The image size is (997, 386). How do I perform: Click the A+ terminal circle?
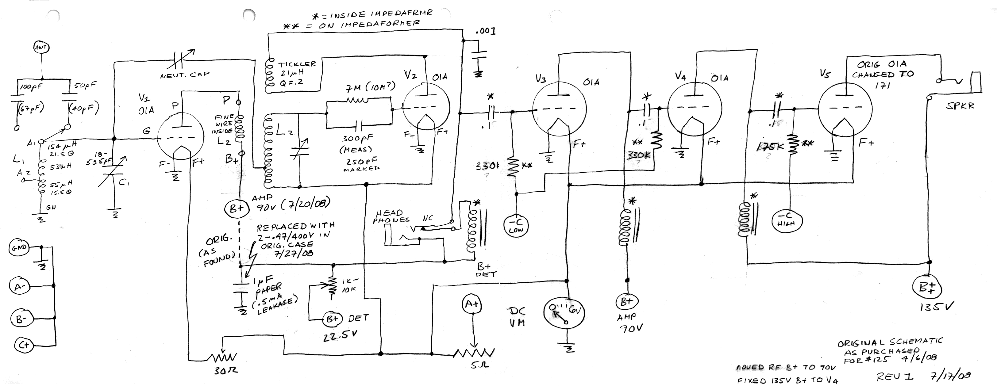[x=472, y=304]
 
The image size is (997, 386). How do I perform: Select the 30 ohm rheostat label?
[x=226, y=371]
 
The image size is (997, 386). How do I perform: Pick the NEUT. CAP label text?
[x=185, y=74]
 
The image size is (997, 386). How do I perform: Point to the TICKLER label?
[x=297, y=64]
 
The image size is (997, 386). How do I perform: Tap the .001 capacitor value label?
[x=486, y=31]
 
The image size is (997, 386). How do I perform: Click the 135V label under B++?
[x=937, y=308]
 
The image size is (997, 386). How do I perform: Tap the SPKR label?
[x=960, y=105]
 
